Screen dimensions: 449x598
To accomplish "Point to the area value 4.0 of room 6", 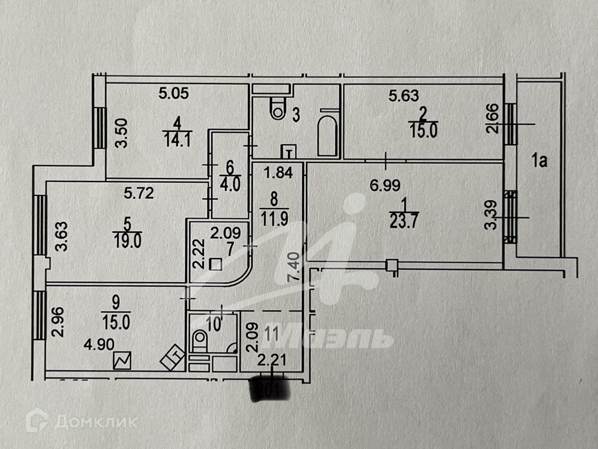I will click(230, 184).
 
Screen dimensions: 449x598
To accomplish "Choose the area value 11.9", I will click(274, 218).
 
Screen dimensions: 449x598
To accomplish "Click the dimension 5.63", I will click(403, 96).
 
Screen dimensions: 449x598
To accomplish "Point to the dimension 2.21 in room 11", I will click(271, 359).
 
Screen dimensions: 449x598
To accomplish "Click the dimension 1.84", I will click(278, 172).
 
